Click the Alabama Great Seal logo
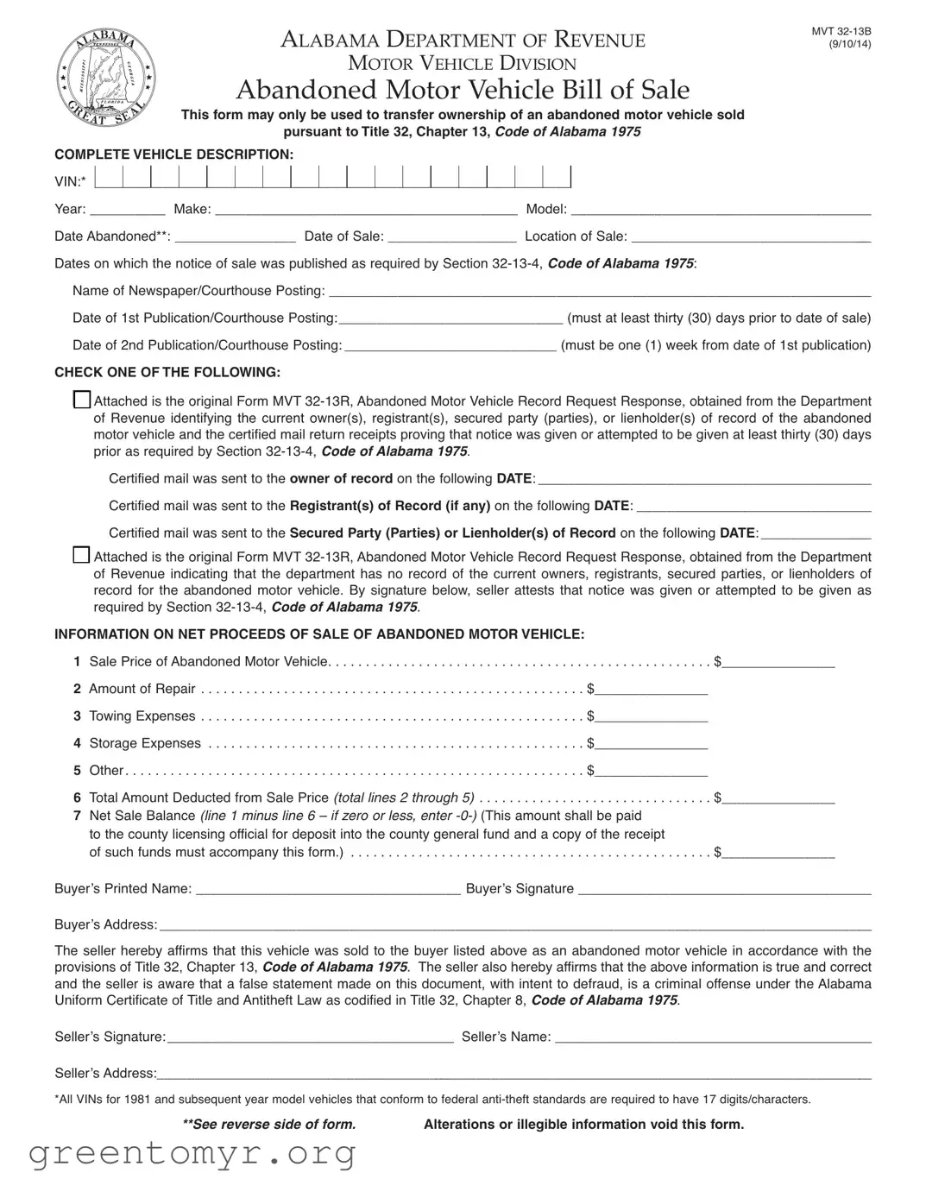pos(106,77)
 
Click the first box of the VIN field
pos(109,178)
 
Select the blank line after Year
pos(127,210)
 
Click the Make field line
pos(366,210)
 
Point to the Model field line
pos(721,210)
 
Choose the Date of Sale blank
pos(452,237)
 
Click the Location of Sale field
pos(751,237)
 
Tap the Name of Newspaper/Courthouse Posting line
pos(600,292)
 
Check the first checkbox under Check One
pos(82,400)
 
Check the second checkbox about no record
pos(82,555)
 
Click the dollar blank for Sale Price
pos(779,663)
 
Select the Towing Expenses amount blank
pos(652,717)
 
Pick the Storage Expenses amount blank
pos(652,745)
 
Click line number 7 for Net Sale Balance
pos(78,816)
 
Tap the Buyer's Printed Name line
pos(328,890)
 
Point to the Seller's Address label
pos(105,1073)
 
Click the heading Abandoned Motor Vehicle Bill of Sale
pos(463,90)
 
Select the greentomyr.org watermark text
pos(192,1153)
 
